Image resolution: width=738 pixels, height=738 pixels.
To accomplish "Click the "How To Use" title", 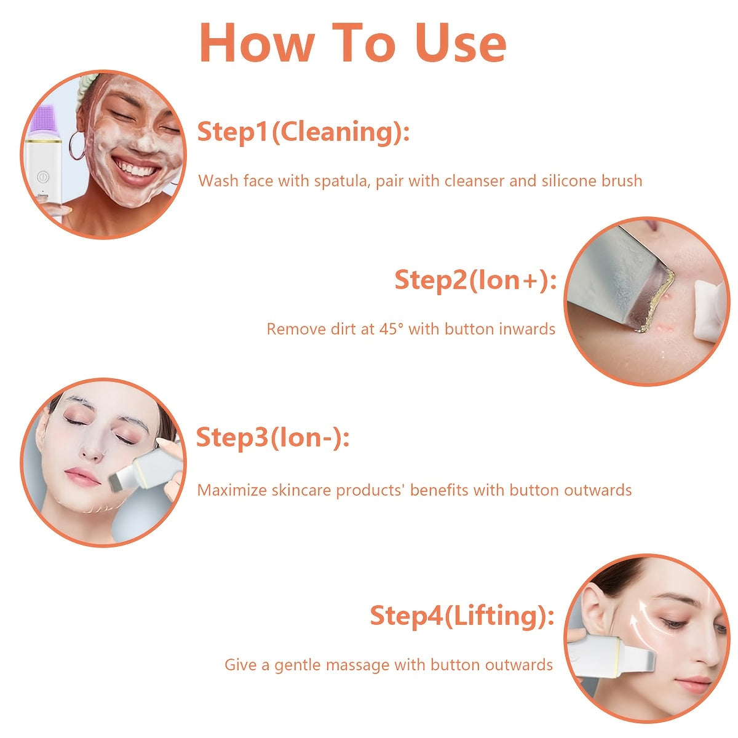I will click(x=352, y=43).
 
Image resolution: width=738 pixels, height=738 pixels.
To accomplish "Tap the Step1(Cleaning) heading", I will click(x=303, y=132).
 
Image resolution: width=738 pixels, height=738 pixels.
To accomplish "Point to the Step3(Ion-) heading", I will click(x=272, y=437).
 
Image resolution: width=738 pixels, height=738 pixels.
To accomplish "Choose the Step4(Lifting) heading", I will click(x=462, y=615).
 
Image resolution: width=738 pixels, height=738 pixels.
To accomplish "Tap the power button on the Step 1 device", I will click(x=42, y=176).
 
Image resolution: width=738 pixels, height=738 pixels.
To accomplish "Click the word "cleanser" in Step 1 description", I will click(x=474, y=181).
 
